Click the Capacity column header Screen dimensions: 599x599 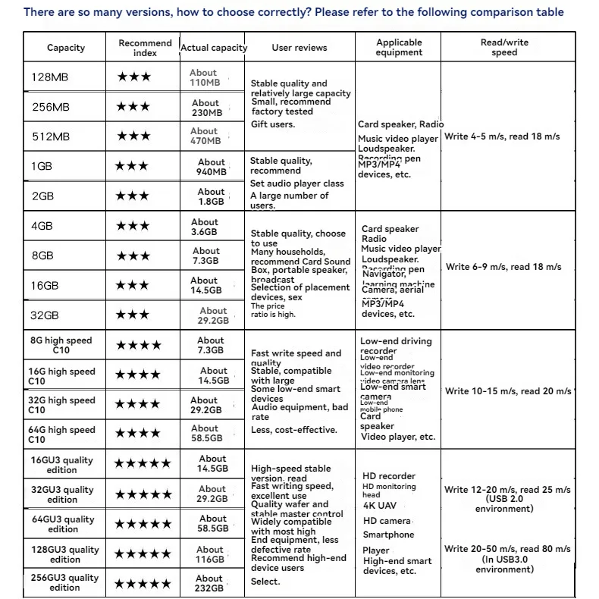pos(66,48)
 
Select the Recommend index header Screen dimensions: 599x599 pos(145,48)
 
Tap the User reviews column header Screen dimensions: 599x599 pos(299,48)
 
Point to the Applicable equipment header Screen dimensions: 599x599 pos(399,48)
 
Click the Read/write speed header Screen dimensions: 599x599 pos(504,48)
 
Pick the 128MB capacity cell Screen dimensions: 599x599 pos(50,77)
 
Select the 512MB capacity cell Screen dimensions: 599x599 pos(50,136)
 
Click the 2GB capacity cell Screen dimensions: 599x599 pos(43,196)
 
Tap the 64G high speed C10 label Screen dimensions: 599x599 pos(62,434)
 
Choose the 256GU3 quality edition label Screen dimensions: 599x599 pos(64,582)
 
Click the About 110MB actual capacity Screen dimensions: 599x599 pos(204,77)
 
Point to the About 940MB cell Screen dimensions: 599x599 pos(212,167)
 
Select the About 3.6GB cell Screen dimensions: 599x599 pos(205,227)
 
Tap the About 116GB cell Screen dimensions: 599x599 pos(210,554)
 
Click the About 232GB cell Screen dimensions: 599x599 pos(209,582)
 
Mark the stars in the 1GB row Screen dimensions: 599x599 pos(133,166)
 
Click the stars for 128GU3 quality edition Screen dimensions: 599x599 pos(143,554)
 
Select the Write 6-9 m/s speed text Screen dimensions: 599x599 pos(503,267)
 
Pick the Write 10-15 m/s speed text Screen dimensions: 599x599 pos(508,391)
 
